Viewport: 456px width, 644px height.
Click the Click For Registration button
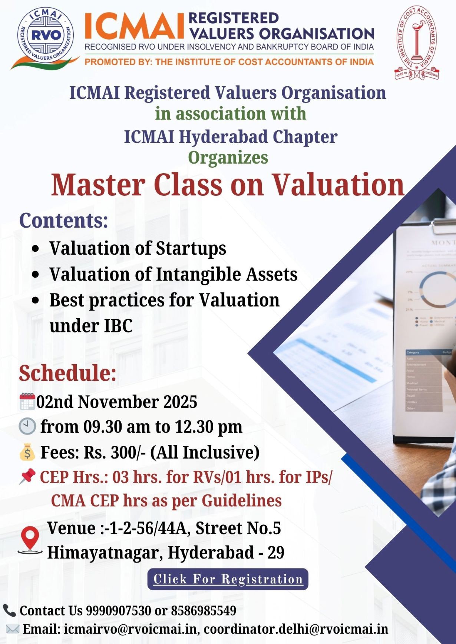[228, 579]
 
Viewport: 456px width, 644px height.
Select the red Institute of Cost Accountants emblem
[416, 43]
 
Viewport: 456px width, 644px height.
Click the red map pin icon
[30, 540]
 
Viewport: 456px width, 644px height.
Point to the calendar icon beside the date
[27, 402]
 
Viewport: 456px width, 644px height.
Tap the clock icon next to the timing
[27, 426]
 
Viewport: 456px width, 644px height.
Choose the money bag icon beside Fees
[27, 452]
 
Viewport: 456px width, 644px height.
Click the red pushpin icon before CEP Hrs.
[27, 476]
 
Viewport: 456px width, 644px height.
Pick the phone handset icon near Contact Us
[9, 610]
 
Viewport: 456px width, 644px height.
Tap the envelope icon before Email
[12, 628]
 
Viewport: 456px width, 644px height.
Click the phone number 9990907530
[118, 610]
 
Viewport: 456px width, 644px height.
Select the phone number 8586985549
[204, 610]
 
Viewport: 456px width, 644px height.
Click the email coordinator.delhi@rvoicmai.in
[296, 629]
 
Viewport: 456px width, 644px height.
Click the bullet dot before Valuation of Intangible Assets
[36, 275]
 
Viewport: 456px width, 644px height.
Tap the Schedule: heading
[67, 373]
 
